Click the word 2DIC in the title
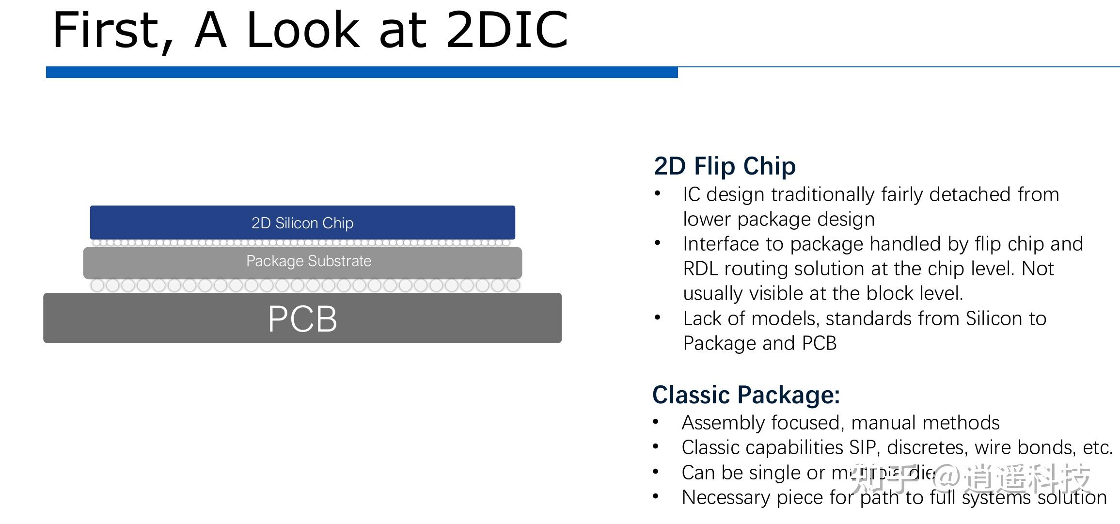(x=506, y=31)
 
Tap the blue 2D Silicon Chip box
(x=302, y=222)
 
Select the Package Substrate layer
(x=302, y=262)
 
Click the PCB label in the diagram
(x=302, y=318)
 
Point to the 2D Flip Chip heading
(x=725, y=166)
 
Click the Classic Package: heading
(x=746, y=395)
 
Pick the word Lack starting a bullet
(x=702, y=319)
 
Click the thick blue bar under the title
(x=362, y=73)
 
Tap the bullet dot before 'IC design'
(x=658, y=194)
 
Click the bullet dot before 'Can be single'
(x=656, y=472)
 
